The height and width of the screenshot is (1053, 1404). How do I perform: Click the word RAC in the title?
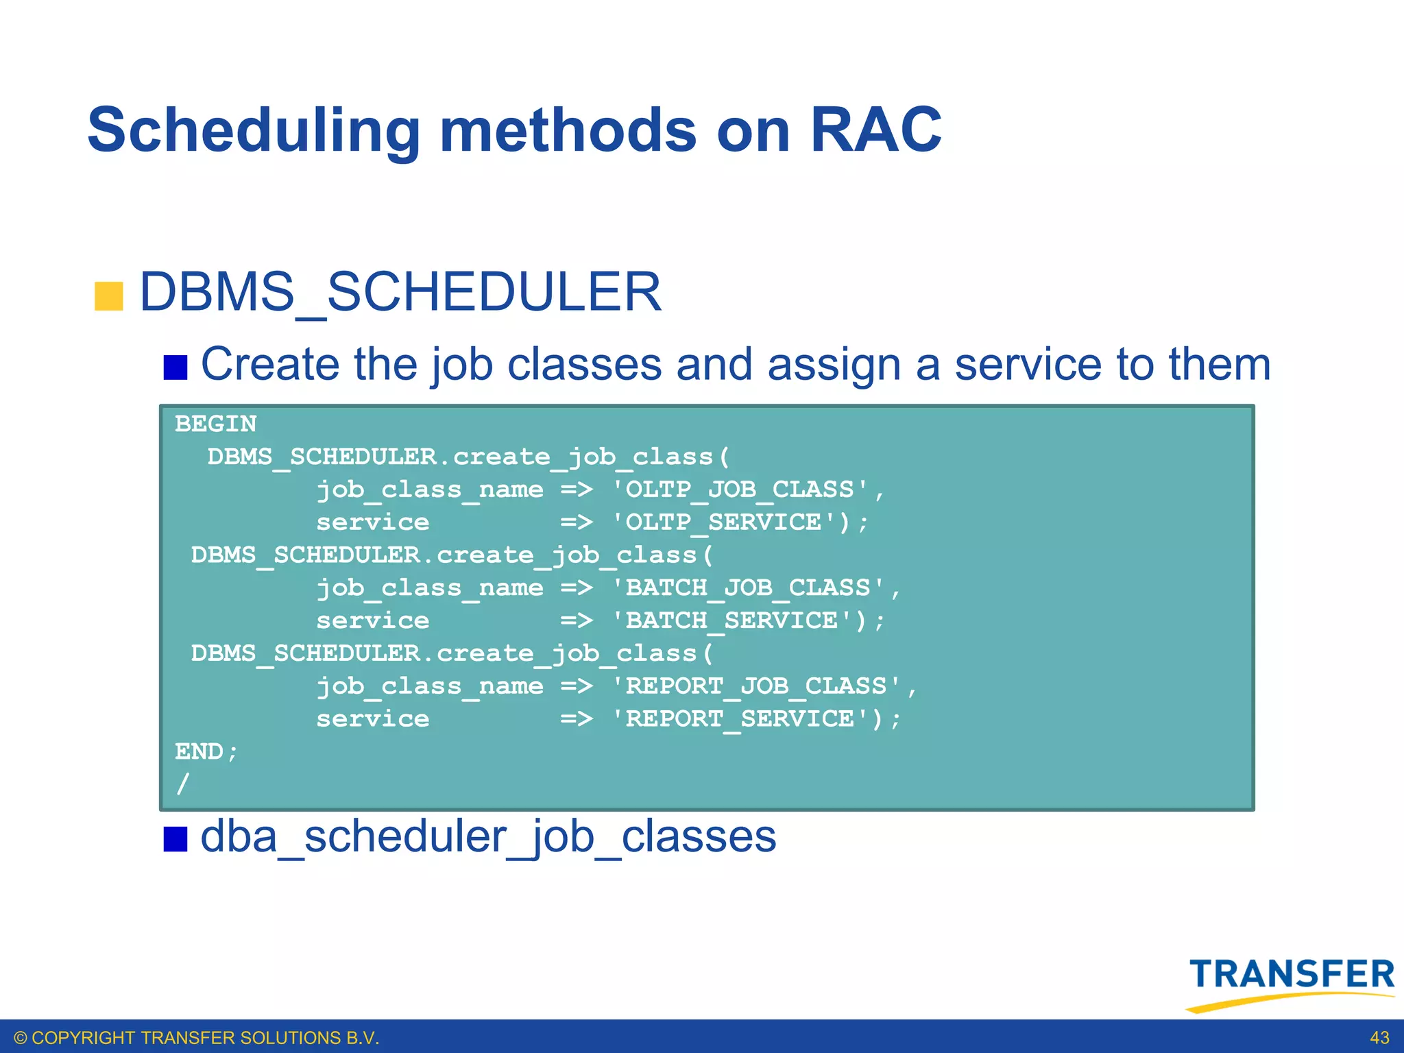point(875,130)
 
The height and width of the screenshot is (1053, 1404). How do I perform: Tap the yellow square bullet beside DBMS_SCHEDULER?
point(108,296)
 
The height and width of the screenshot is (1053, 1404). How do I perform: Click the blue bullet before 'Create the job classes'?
point(175,367)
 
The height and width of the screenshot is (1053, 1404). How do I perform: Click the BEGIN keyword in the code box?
point(216,424)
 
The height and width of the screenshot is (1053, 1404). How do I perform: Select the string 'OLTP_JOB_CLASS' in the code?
point(740,489)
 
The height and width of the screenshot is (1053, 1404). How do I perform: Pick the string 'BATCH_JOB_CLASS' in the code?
point(748,588)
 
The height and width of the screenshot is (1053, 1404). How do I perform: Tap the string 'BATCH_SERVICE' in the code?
point(740,620)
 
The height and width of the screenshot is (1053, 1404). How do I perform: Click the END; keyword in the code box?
point(206,751)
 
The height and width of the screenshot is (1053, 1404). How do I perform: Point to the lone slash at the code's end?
point(182,783)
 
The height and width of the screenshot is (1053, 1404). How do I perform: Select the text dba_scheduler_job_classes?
point(488,837)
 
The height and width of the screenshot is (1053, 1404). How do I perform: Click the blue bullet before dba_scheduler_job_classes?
point(175,838)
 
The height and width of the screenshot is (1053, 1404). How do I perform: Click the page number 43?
point(1379,1038)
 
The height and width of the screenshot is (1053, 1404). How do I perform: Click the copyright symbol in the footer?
point(21,1038)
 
